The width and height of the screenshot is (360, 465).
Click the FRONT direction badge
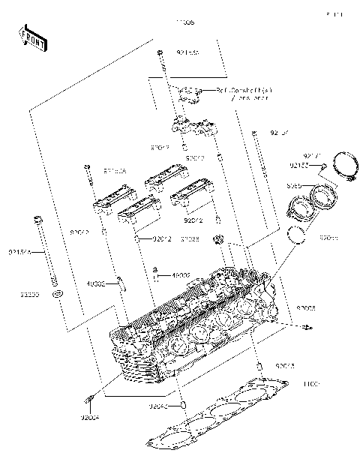pos(31,40)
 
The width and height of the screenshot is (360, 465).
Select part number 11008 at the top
pos(184,23)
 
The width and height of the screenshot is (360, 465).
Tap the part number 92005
pos(306,308)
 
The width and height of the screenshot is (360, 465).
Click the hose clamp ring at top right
pos(344,169)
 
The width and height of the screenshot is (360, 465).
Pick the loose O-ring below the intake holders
pos(298,237)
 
